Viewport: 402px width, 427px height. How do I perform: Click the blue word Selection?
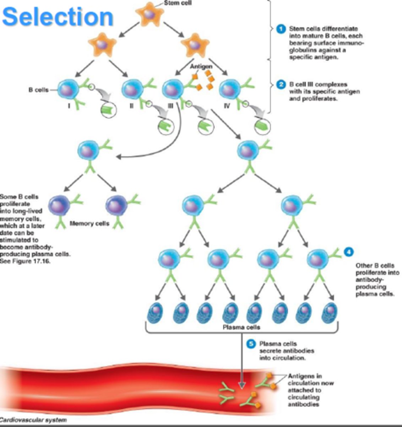click(x=58, y=17)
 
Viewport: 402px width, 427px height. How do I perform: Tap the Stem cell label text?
click(x=178, y=3)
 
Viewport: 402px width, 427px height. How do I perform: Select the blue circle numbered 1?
click(x=281, y=29)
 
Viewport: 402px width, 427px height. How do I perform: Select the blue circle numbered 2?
click(x=281, y=84)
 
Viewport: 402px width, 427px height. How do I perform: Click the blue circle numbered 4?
click(x=349, y=252)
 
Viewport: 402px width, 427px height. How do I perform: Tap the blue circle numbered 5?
click(x=251, y=344)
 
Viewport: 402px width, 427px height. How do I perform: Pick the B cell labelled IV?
click(x=230, y=90)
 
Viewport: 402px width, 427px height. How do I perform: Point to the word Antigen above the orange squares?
click(x=201, y=67)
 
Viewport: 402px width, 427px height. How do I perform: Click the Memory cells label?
click(x=89, y=223)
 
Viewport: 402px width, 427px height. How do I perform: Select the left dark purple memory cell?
click(x=59, y=206)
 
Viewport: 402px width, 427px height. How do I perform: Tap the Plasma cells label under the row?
click(x=241, y=327)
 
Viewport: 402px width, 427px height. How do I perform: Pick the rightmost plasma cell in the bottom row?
click(x=329, y=313)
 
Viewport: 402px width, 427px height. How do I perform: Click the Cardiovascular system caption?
click(x=33, y=420)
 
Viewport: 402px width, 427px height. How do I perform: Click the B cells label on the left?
click(x=38, y=90)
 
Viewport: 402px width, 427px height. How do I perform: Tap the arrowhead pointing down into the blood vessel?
click(x=242, y=385)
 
